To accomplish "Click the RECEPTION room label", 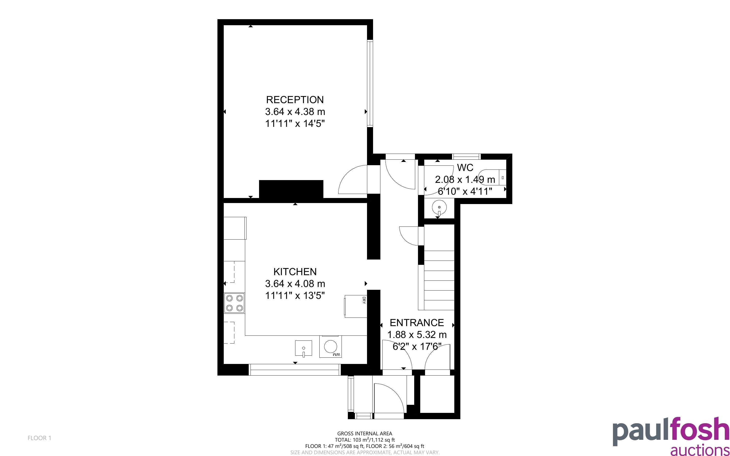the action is coord(295,100).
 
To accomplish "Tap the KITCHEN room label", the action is coord(295,272).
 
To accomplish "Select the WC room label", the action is coord(465,167).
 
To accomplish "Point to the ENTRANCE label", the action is coord(417,323).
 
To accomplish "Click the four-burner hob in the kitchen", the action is coord(234,303).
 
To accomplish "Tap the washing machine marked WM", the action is coord(330,347).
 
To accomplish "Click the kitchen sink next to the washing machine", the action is coord(303,348).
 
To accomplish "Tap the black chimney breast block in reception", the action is coord(291,189).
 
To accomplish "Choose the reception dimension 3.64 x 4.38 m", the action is coord(295,111).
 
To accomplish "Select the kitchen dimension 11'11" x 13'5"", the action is coord(295,296).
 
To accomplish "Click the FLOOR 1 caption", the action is coord(40,438).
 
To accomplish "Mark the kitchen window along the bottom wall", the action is coord(295,370).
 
